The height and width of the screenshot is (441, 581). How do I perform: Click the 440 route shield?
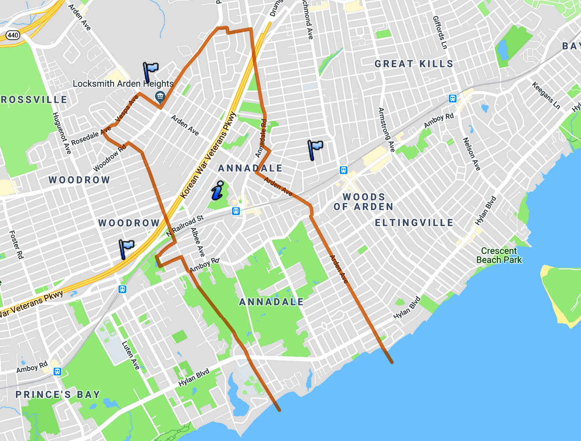point(13,35)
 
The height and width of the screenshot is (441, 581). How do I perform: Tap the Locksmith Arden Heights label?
point(123,84)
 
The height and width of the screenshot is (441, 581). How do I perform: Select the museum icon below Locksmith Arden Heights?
point(160,96)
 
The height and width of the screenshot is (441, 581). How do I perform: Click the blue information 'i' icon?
point(217,191)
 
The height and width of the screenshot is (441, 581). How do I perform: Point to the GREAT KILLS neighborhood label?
point(414,64)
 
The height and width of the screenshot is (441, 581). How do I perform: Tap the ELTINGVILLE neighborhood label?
point(414,223)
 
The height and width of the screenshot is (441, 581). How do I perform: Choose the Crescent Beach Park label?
point(499,255)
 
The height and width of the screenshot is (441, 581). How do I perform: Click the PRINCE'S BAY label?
point(58,394)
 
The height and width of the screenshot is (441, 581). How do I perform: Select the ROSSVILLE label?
point(34,100)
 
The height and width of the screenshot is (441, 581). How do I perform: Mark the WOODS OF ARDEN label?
point(364,202)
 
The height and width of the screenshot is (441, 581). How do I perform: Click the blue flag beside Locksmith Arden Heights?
point(150,71)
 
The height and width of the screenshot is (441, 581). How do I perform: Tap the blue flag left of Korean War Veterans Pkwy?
point(126,249)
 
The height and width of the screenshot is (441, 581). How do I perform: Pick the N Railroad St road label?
point(185,226)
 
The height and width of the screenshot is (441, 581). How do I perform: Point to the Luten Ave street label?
point(131,355)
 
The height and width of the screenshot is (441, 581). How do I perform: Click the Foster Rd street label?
point(16,244)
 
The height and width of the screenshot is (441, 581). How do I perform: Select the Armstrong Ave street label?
point(386,130)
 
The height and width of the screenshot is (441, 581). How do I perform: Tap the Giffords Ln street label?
point(440,33)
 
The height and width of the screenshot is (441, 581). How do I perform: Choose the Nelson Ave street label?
point(471,154)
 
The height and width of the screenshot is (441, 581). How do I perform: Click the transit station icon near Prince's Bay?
point(57,372)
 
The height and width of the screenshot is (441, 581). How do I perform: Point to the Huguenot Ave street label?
point(62,133)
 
